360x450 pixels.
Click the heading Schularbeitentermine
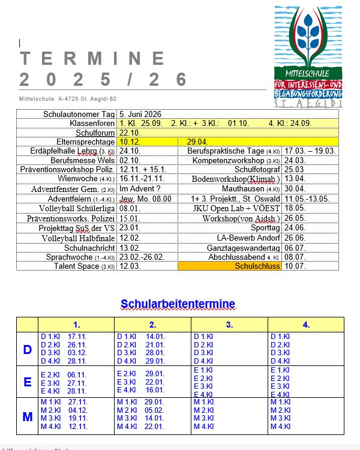(x=178, y=304)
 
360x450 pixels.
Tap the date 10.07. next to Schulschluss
(x=294, y=266)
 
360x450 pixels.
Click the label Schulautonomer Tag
(x=79, y=114)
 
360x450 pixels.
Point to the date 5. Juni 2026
(x=140, y=114)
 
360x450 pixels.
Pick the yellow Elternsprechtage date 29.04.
(x=197, y=142)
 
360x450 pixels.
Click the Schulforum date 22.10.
(x=130, y=133)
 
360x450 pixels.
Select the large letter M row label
(x=27, y=416)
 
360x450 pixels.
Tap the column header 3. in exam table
(x=229, y=325)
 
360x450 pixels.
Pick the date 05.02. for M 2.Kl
(x=155, y=410)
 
